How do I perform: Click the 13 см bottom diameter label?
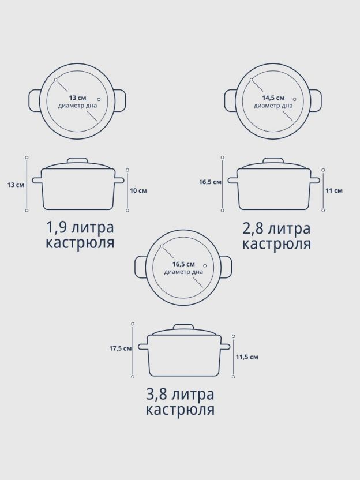coord(77,98)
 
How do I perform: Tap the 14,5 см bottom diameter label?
coord(273,98)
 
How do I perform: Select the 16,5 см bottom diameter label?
coord(183,264)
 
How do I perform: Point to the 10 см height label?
coord(138,190)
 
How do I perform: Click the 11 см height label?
coord(334,190)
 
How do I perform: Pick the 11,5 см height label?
coord(247,357)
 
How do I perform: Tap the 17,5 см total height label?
coord(121,348)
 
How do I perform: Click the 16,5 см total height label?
coord(210,182)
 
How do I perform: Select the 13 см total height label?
coord(16,185)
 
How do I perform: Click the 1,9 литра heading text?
coord(80,227)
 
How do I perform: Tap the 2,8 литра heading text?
coord(276,228)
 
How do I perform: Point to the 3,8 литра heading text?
coord(180,395)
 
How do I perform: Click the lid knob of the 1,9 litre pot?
coord(77,162)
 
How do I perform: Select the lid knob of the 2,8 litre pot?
coord(273,162)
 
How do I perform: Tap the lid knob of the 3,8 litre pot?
coord(183,328)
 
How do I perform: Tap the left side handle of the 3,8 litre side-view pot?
coord(143,347)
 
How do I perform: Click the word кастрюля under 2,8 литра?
coord(276,245)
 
